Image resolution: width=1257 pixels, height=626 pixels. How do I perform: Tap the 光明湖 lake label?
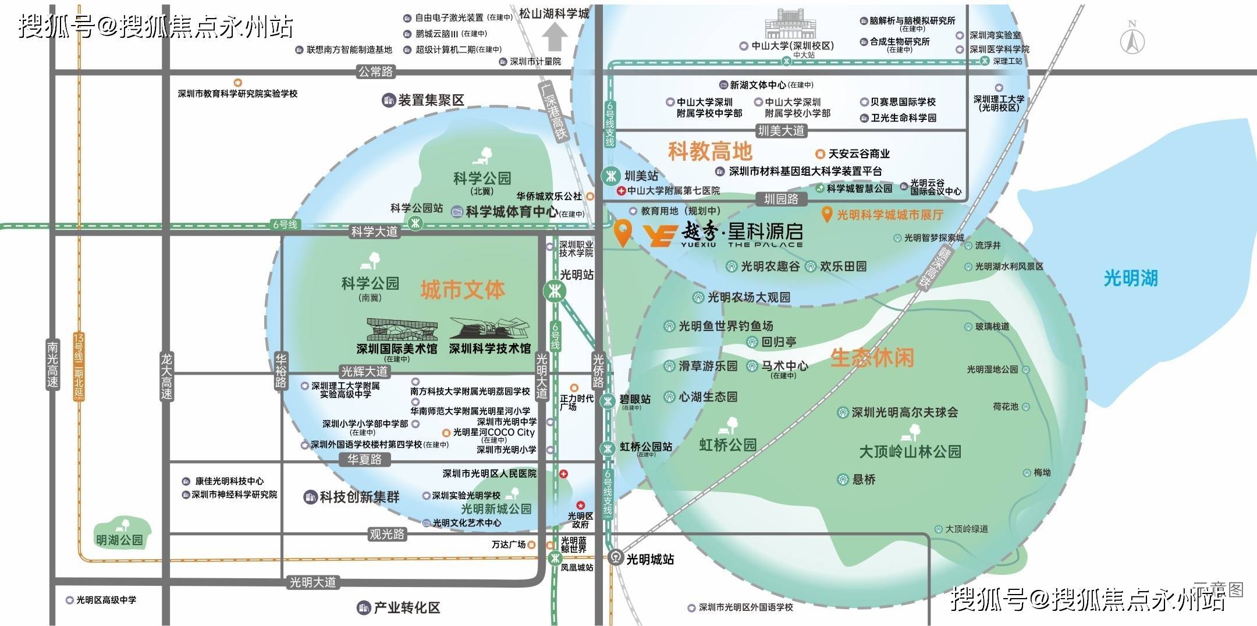tap(1131, 278)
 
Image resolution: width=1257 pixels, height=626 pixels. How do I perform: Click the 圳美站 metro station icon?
tap(611, 175)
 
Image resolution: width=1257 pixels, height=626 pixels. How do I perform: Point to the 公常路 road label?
tap(375, 72)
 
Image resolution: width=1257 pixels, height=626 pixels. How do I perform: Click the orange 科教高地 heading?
tap(710, 151)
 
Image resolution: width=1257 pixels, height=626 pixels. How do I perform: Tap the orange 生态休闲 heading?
tap(872, 357)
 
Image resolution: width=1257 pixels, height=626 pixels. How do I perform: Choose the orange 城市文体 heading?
tap(463, 289)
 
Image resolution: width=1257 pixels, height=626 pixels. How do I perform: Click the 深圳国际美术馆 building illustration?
tap(402, 329)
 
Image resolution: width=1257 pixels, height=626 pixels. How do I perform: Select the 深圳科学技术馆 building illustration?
tap(490, 329)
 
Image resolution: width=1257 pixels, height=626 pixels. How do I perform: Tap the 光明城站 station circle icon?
tap(615, 559)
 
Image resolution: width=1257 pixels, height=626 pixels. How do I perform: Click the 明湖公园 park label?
tap(119, 540)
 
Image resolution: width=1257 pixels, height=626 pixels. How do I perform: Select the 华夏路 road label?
tap(364, 460)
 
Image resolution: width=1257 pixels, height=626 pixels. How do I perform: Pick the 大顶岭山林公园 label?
tap(910, 451)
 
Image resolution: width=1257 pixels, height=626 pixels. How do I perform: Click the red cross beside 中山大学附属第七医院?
tap(621, 191)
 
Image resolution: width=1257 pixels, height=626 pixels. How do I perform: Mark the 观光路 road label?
tap(386, 534)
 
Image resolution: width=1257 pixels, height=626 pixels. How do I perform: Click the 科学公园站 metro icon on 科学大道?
tap(415, 223)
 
